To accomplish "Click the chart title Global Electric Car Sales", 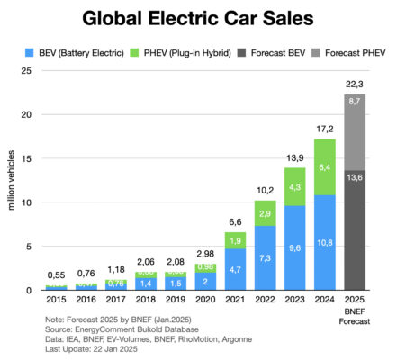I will [x=198, y=19].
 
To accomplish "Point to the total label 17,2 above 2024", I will [x=321, y=128].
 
